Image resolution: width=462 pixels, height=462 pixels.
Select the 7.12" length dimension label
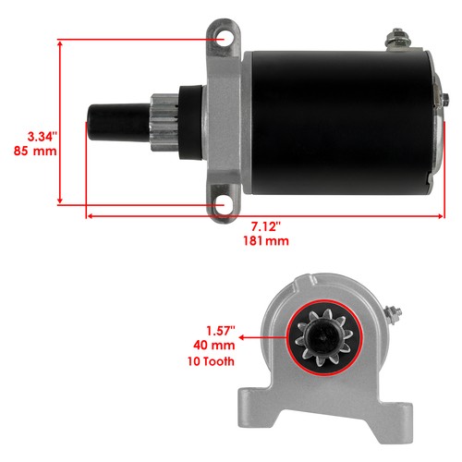(265, 226)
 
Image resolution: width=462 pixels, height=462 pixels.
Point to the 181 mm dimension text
(265, 242)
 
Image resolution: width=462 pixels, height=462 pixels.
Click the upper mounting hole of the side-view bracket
(221, 40)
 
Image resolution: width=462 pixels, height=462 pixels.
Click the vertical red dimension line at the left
(60, 120)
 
